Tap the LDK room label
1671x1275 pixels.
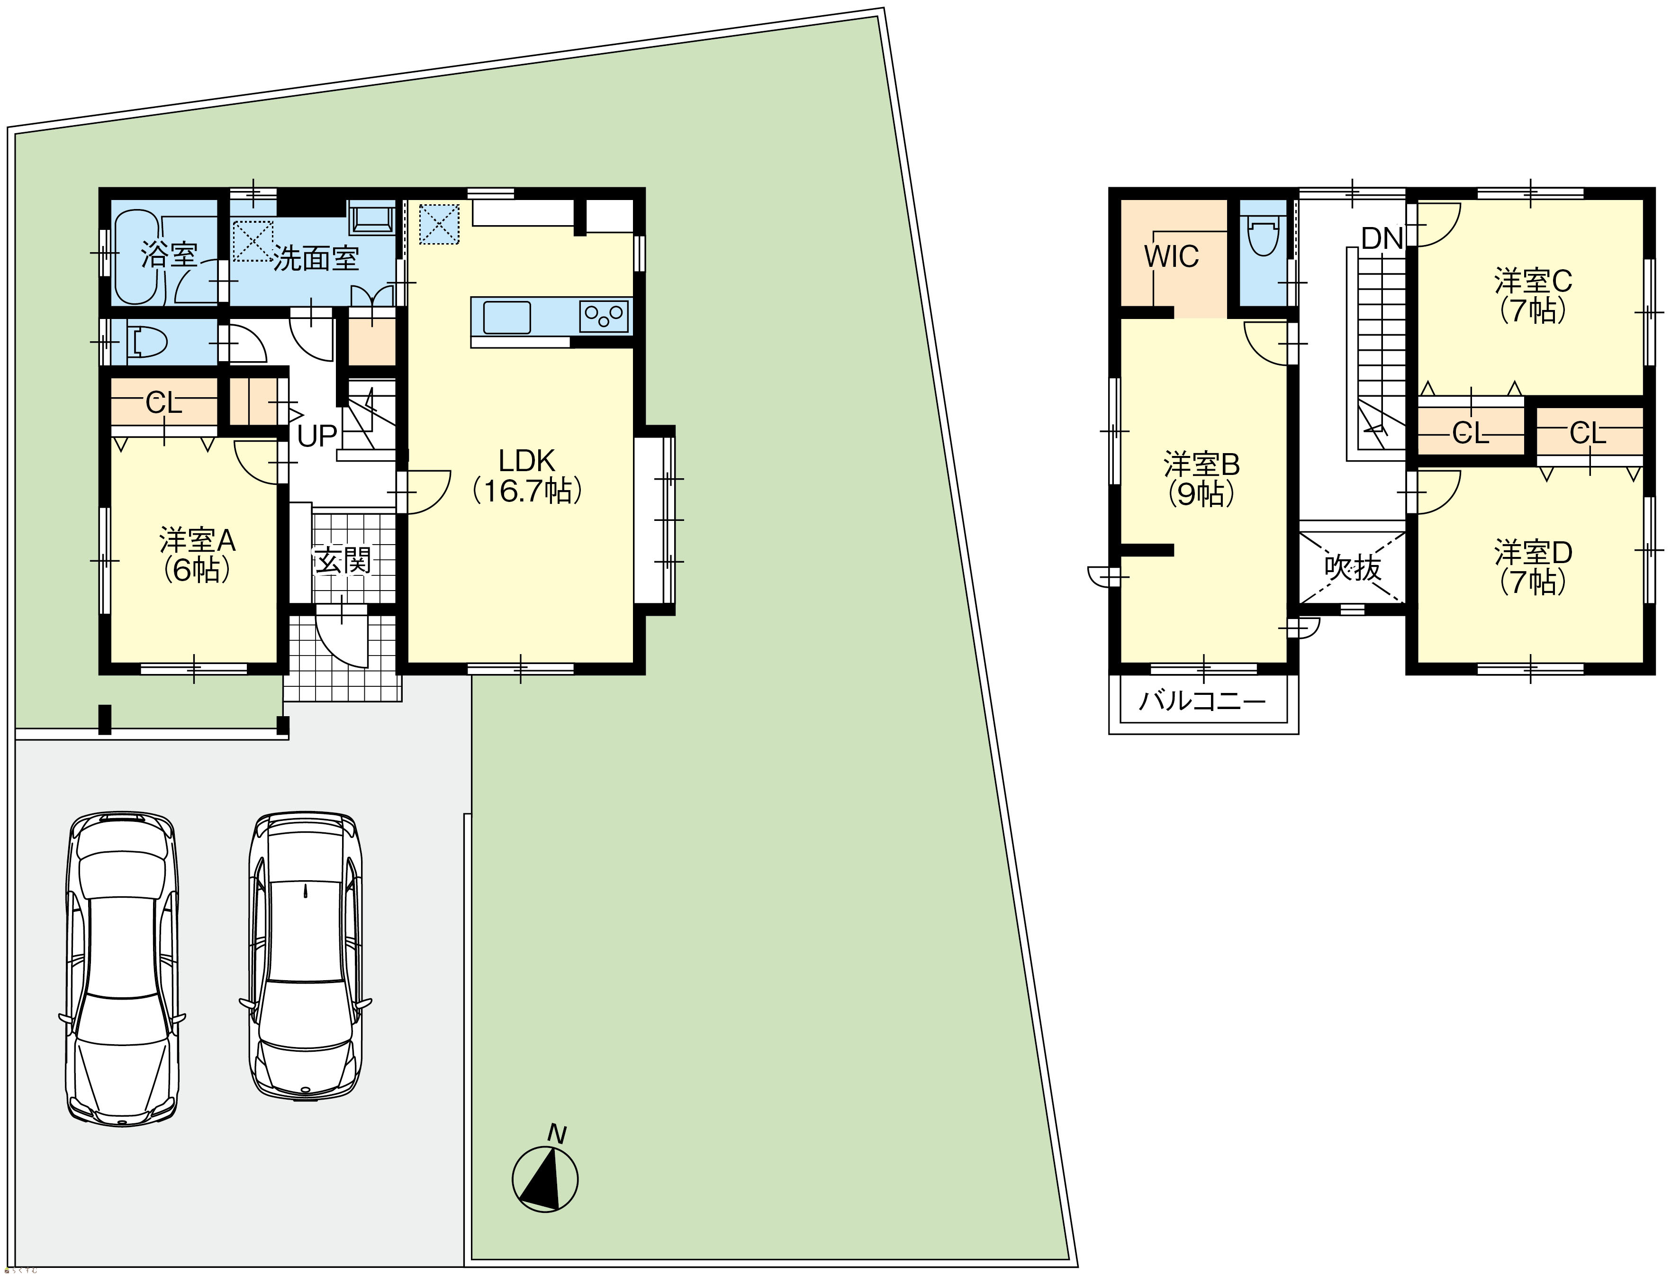(x=527, y=461)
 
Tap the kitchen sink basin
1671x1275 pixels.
(x=506, y=317)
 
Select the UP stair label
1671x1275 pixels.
(x=316, y=437)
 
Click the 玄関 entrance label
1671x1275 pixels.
(x=343, y=561)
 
